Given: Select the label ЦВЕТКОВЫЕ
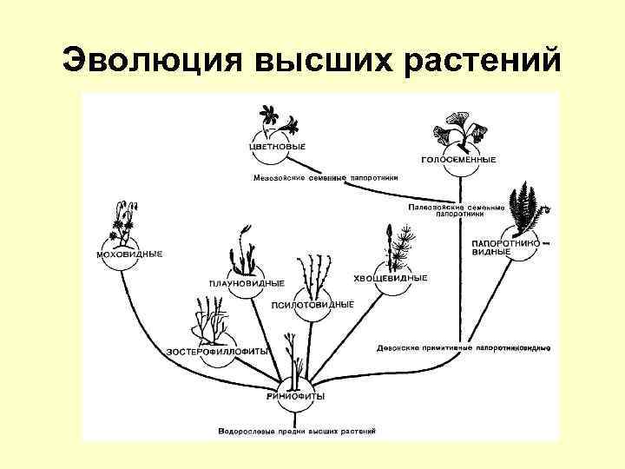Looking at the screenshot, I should pos(277,147).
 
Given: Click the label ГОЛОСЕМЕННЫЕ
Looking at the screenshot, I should pos(459,160).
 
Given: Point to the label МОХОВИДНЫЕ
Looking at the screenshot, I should pos(128,254).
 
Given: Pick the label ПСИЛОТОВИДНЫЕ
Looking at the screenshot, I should pos(312,304).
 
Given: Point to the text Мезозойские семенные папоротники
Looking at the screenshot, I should pos(326,178).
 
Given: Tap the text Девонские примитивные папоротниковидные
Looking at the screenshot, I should pos(464,348).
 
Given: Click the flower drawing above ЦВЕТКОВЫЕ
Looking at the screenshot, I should pos(277,118).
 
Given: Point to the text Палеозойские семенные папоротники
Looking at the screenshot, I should pos(456,210).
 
